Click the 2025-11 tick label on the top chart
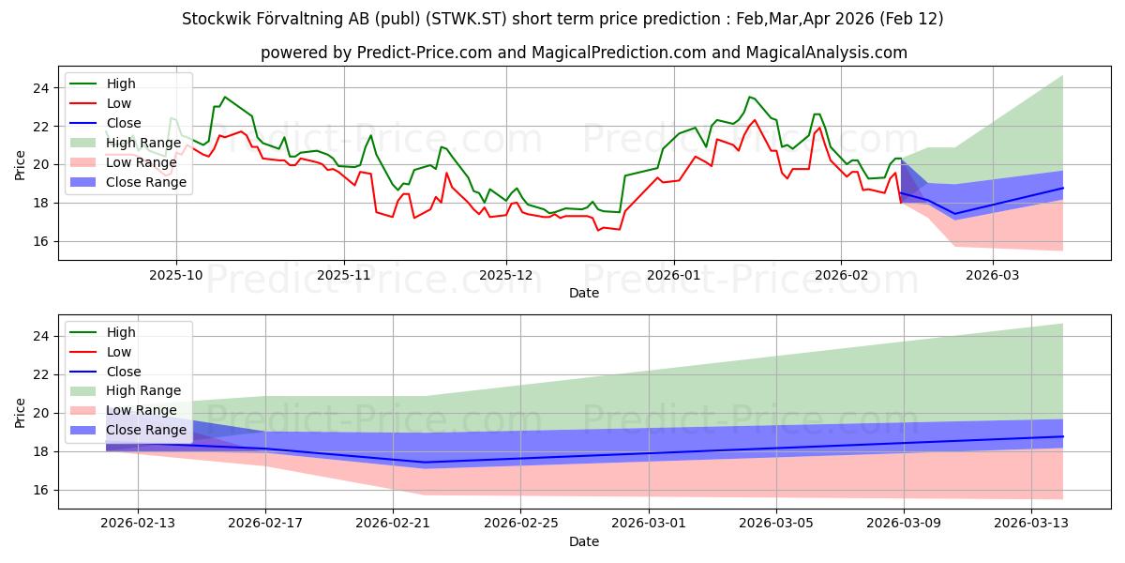[x=344, y=276]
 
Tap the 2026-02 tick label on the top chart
[x=841, y=276]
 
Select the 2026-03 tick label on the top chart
[x=992, y=276]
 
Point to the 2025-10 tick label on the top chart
[x=176, y=276]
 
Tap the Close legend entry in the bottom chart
[x=124, y=371]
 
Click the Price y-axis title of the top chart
[x=21, y=165]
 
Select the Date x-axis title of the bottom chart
[x=584, y=541]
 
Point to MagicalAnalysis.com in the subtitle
[x=826, y=53]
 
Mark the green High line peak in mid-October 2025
[x=224, y=97]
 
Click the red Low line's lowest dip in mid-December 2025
[x=598, y=230]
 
